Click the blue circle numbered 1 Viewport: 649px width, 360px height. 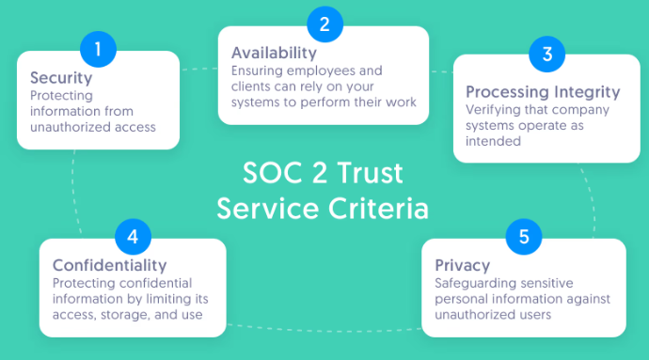(98, 47)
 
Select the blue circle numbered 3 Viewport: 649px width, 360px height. (546, 54)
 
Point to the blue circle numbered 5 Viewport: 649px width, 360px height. (523, 236)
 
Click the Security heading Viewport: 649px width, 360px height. (61, 78)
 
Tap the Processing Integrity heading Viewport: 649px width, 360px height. (544, 92)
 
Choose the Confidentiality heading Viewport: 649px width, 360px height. (109, 265)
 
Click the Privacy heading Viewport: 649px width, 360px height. (463, 264)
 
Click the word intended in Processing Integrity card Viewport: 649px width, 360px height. (491, 142)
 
